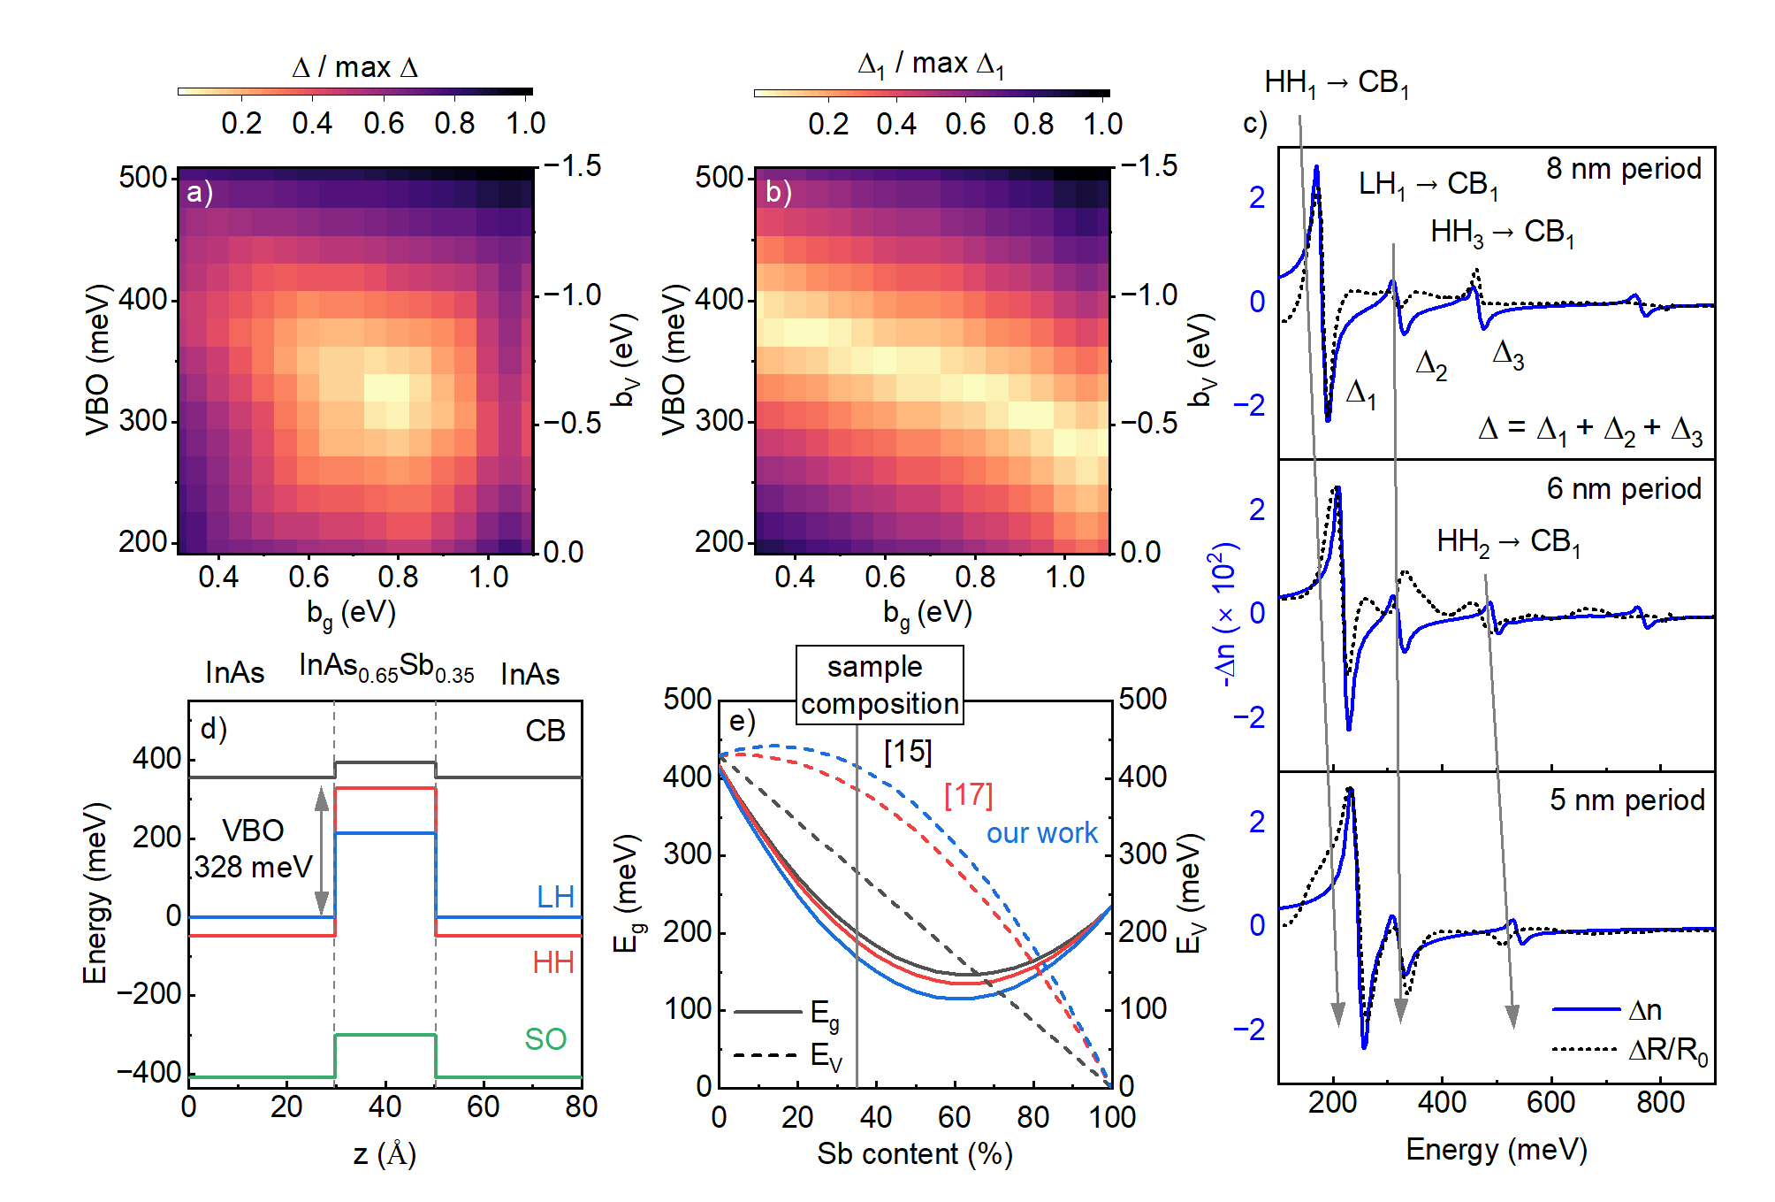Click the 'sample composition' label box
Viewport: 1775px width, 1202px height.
(879, 685)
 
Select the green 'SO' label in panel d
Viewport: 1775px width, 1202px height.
(545, 1039)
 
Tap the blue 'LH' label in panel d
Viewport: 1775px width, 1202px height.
(555, 897)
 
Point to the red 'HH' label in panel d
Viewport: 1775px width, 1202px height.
(552, 962)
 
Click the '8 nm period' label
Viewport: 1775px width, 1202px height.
(1623, 169)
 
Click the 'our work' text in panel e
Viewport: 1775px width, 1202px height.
(1041, 833)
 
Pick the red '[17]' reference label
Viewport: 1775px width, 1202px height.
(968, 795)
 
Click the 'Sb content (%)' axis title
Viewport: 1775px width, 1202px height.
(914, 1154)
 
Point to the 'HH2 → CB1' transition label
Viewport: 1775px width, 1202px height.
(1508, 542)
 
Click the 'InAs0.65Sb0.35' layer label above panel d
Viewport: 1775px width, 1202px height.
(386, 667)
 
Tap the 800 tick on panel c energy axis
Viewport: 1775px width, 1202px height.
(1659, 1103)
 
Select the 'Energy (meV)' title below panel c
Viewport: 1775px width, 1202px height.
(1496, 1150)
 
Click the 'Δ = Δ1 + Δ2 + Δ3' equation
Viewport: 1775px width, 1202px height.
(1589, 430)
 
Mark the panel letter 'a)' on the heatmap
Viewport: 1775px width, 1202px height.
(200, 192)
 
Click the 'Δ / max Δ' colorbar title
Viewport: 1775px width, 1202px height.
(354, 67)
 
